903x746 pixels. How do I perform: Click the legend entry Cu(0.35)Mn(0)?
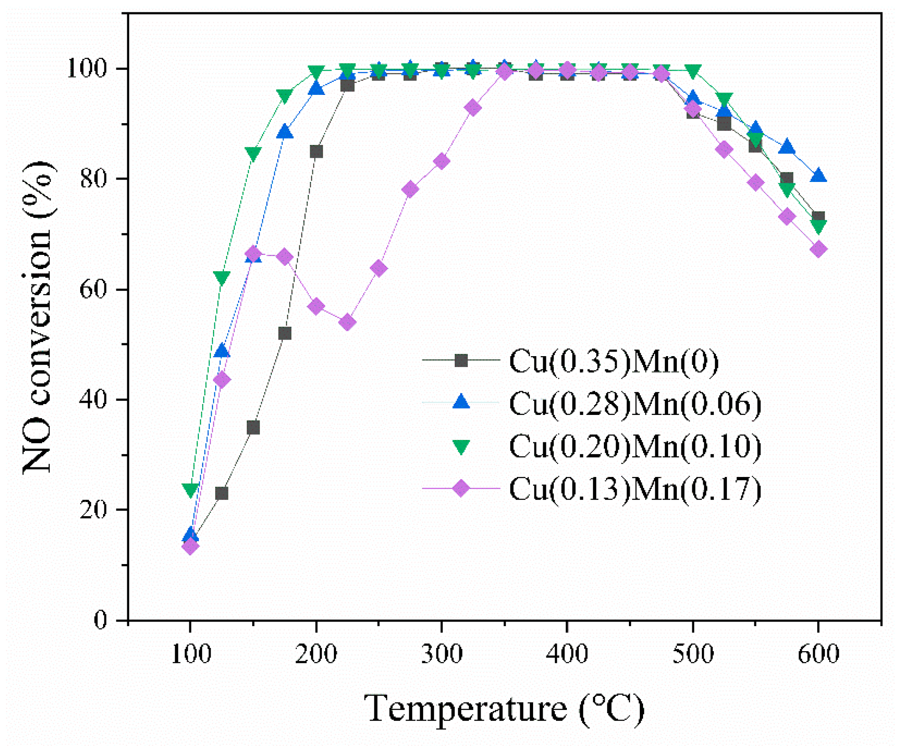click(613, 361)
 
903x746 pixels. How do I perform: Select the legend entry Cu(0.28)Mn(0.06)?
click(635, 404)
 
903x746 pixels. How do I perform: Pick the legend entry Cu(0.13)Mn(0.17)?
click(635, 489)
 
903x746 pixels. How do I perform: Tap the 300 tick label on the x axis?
click(441, 654)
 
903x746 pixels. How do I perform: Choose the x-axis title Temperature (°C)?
click(504, 709)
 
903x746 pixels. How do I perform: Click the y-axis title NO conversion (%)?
click(38, 317)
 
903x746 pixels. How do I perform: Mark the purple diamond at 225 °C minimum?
click(348, 323)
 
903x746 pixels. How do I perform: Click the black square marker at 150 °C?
click(253, 428)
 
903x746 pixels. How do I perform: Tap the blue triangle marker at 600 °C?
click(819, 176)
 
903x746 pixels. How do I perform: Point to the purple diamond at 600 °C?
click(819, 249)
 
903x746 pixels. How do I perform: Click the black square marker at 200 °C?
click(316, 151)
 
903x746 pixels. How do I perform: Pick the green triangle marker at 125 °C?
click(222, 278)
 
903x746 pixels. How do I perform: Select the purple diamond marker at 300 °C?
click(441, 161)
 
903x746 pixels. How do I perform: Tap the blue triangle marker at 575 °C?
click(787, 147)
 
